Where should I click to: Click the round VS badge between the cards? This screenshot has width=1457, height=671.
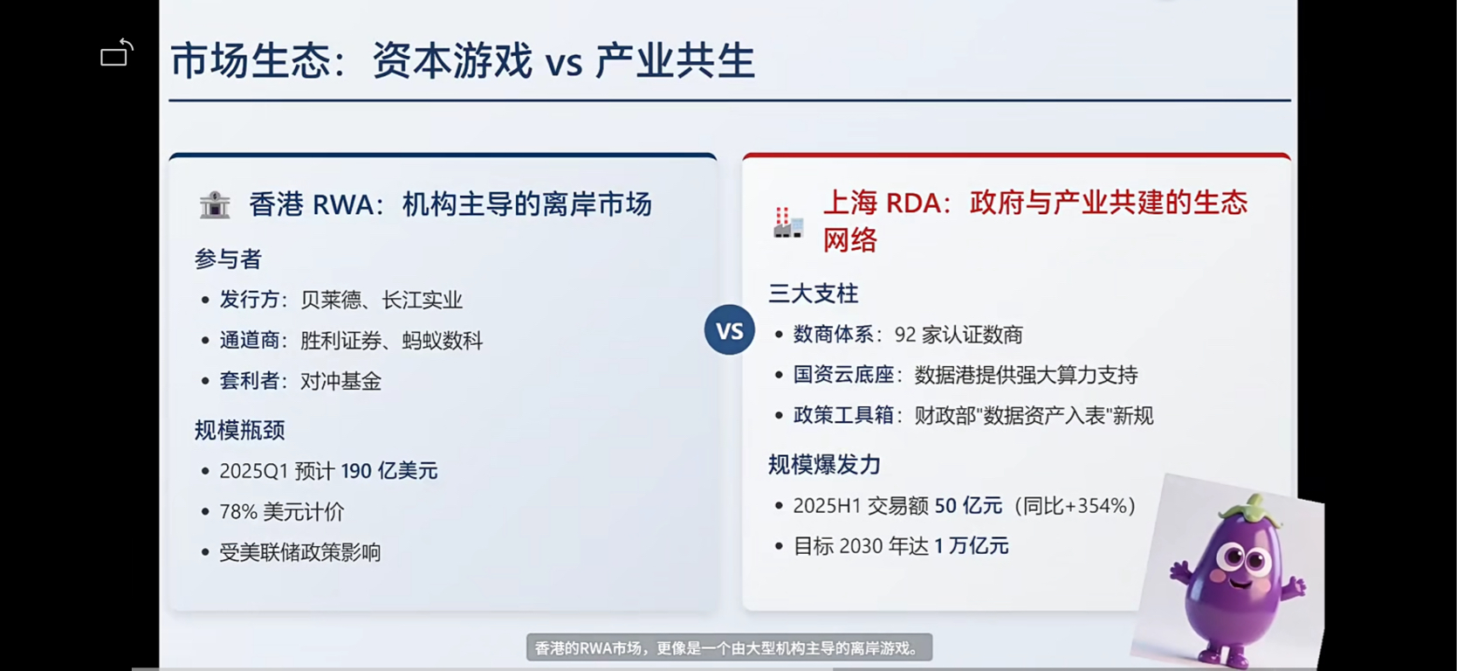(x=729, y=330)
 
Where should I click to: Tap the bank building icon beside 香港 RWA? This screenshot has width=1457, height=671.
(x=215, y=205)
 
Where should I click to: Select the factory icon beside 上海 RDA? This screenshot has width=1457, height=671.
(x=787, y=223)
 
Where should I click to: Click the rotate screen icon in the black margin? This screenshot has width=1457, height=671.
(x=117, y=52)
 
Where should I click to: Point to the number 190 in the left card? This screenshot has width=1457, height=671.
(x=357, y=471)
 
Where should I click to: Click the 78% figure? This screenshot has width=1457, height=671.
(x=238, y=511)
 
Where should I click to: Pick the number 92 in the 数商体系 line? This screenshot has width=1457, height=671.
(x=905, y=335)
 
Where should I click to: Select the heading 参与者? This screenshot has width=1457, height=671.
(x=228, y=259)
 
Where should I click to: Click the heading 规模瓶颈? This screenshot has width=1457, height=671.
(x=239, y=430)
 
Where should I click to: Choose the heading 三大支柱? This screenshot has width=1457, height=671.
(x=813, y=294)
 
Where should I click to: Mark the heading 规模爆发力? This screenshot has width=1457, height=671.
(x=824, y=465)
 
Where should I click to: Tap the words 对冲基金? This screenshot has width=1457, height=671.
(x=340, y=381)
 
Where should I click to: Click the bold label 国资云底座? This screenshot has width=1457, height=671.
(x=843, y=375)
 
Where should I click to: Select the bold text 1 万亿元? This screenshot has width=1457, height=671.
(x=971, y=545)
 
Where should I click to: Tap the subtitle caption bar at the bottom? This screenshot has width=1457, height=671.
(x=729, y=647)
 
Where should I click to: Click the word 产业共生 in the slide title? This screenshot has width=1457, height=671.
(x=675, y=61)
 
